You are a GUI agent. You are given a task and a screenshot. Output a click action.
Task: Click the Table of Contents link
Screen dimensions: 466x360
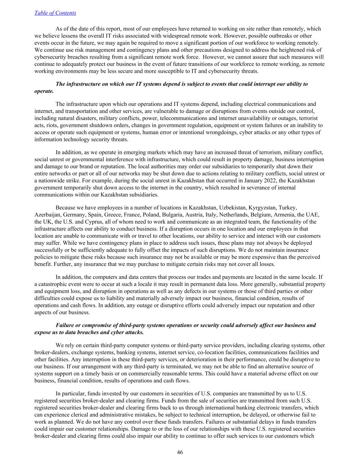click(55, 13)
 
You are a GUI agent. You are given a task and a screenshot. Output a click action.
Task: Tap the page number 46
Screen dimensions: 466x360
click(180, 452)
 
